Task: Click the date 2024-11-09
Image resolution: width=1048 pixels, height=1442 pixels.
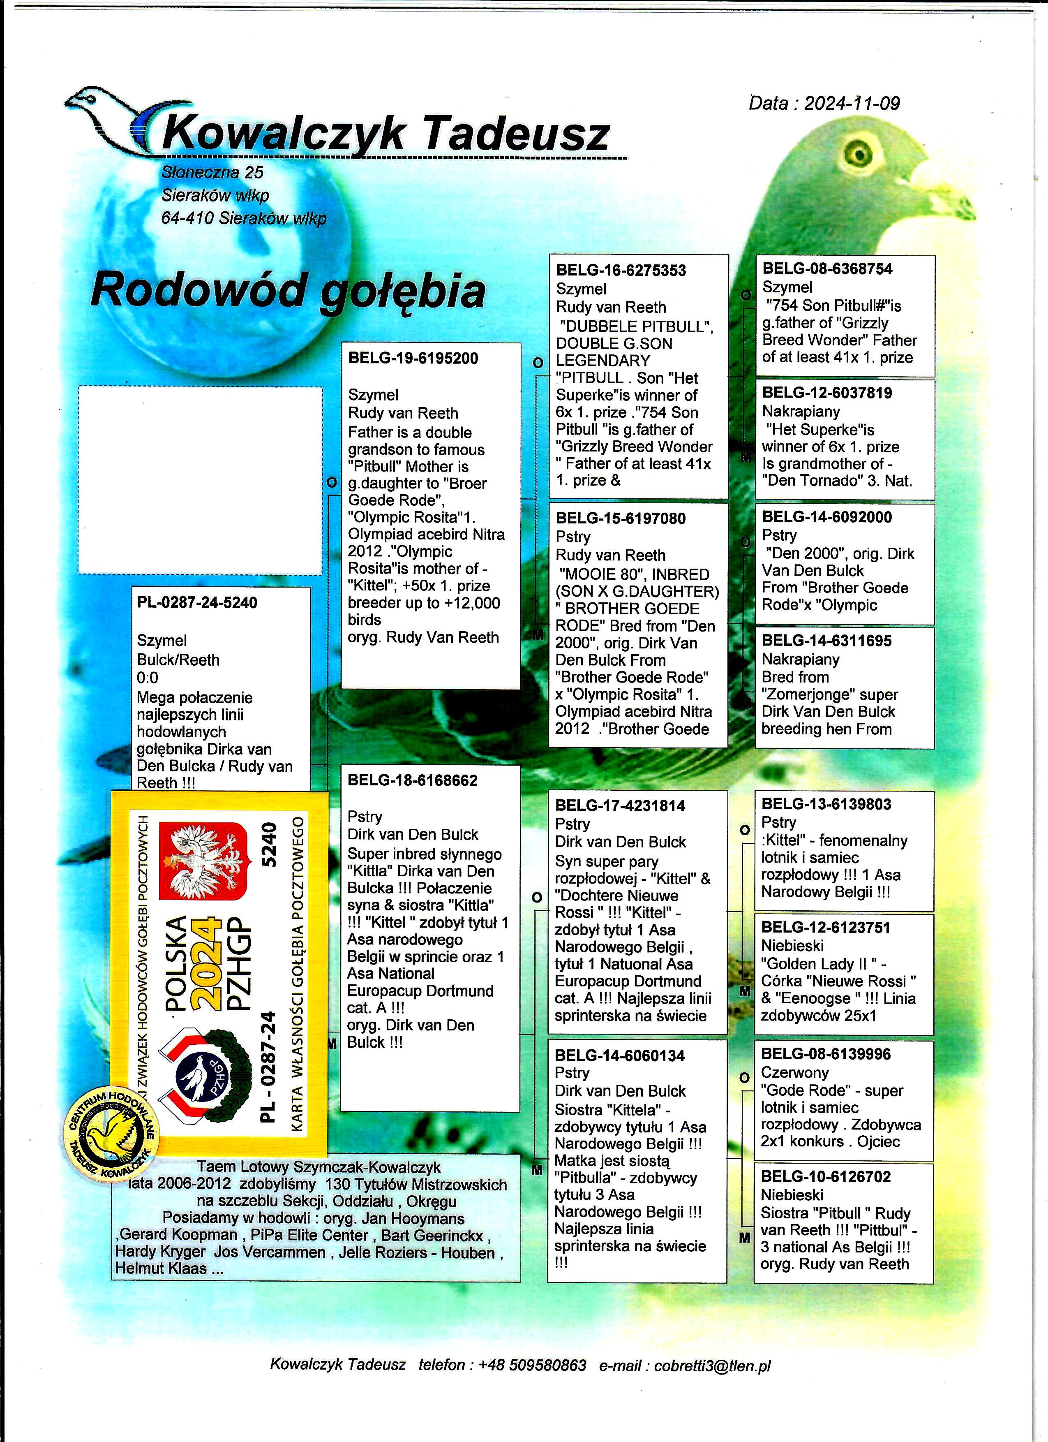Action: coord(852,104)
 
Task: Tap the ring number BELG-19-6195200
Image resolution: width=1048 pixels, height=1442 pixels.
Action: coord(413,358)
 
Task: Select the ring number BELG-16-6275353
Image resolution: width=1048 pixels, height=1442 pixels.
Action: coord(621,270)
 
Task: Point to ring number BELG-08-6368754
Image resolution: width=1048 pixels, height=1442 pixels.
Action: coord(827,269)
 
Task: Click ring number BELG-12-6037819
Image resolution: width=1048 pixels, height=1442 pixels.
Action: coord(827,393)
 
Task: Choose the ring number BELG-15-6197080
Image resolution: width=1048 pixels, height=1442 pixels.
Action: coord(621,518)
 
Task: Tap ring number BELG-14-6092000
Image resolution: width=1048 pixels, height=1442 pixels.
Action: coord(827,517)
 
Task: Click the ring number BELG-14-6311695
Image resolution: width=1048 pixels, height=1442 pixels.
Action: coord(827,641)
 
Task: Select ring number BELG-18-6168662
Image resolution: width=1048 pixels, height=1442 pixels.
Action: coord(413,780)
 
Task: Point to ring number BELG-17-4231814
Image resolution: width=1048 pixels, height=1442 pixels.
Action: coord(620,805)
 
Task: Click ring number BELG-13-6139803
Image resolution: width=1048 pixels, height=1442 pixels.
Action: coord(826,804)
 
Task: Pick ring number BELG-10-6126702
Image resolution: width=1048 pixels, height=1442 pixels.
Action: coord(826,1177)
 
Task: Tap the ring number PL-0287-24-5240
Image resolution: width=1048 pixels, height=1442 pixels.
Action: coord(197,602)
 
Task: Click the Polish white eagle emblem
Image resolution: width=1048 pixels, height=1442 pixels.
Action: coord(202,861)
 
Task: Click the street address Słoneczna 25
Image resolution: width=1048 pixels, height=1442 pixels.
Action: coord(212,172)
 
